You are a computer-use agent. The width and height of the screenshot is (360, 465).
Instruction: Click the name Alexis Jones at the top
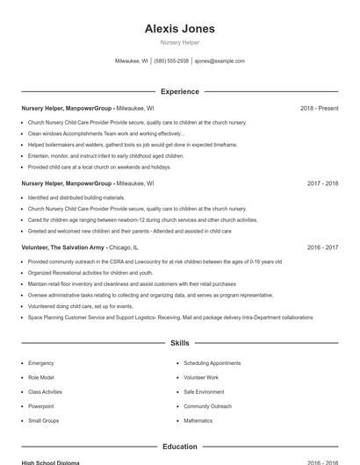tap(179, 29)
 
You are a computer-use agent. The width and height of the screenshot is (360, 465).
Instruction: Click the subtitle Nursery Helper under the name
tap(179, 42)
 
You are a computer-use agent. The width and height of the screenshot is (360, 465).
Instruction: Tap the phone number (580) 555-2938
tap(171, 61)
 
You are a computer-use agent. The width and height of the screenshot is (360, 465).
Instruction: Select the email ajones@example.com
tap(220, 61)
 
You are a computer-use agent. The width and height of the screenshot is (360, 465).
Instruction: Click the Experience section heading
tap(179, 91)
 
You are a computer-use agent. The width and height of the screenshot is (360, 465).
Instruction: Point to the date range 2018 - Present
tap(319, 109)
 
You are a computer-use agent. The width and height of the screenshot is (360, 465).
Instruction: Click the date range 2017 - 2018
tap(322, 184)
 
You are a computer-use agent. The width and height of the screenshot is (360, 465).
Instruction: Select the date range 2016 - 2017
tap(322, 248)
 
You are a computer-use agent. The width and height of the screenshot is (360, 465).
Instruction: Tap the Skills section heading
tap(179, 343)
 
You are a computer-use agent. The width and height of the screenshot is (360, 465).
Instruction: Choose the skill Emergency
tap(41, 363)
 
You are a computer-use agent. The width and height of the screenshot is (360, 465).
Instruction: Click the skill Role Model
tap(41, 377)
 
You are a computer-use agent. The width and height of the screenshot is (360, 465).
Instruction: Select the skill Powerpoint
tap(41, 406)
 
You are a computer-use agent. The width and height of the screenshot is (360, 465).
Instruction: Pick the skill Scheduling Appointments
tap(212, 363)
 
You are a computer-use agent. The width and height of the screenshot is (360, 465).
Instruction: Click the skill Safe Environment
tap(204, 392)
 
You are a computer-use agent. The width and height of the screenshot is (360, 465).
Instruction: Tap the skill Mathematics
tap(198, 421)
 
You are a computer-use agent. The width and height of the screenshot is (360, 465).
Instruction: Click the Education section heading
tap(179, 447)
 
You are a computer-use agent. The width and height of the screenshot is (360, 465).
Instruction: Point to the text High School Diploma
tap(50, 462)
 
